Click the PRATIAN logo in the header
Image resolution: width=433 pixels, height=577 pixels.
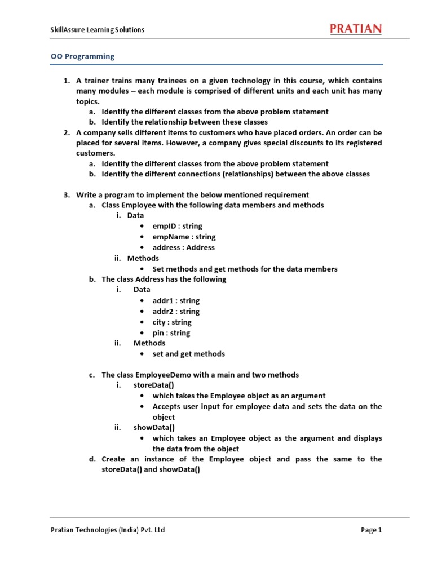coord(355,29)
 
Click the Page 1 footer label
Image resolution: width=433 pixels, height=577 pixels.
coord(372,530)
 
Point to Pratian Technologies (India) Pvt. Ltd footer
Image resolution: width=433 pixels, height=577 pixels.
coord(108,530)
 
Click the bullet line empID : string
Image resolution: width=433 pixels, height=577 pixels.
coord(177,226)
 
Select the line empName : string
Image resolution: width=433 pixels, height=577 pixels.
coord(184,237)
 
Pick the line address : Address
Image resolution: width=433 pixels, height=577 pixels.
coord(183,247)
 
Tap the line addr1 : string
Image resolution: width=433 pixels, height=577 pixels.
coord(176,301)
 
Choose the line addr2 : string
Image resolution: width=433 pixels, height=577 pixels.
coord(176,312)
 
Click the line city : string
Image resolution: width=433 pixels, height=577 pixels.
coord(172,322)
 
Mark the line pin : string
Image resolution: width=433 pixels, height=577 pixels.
coord(171,333)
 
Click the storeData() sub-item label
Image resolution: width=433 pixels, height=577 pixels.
coord(153,385)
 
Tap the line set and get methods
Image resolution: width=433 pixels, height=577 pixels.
coord(188,354)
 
